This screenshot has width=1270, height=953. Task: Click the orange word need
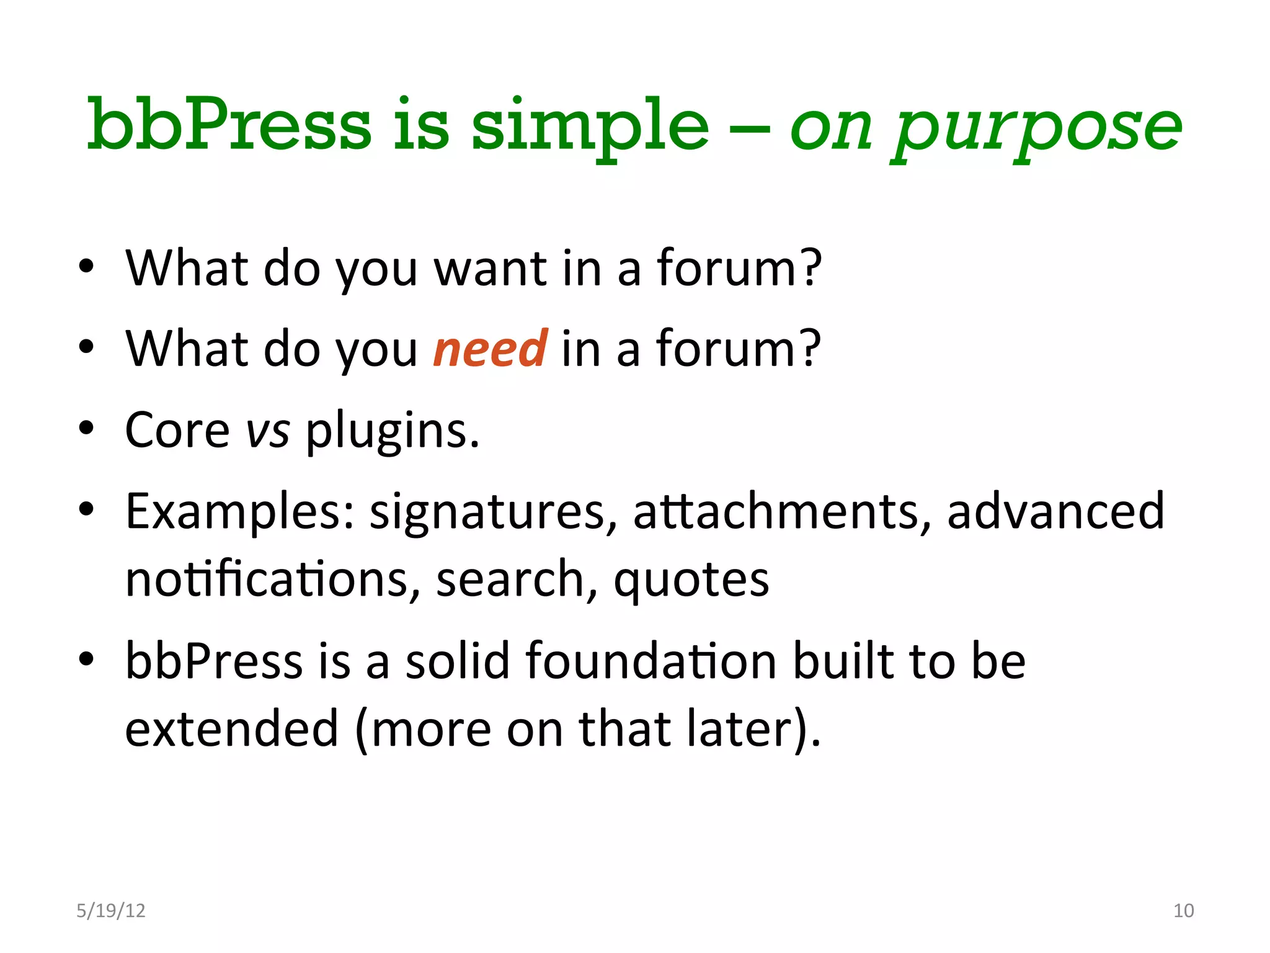click(x=490, y=349)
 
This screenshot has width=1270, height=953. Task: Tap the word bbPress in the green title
click(x=229, y=125)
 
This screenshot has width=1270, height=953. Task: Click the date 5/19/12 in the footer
click(x=110, y=910)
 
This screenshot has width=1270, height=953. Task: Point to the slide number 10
click(x=1183, y=910)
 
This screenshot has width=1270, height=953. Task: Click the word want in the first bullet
click(x=490, y=268)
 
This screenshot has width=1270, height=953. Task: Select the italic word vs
click(x=268, y=431)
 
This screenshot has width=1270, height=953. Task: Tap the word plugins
click(x=392, y=431)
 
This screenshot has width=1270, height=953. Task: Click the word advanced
click(x=1055, y=511)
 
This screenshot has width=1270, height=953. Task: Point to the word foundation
click(x=651, y=661)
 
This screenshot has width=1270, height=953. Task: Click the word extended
click(x=232, y=728)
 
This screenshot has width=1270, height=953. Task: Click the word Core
click(x=177, y=431)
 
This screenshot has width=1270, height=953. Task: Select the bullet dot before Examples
click(x=86, y=509)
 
